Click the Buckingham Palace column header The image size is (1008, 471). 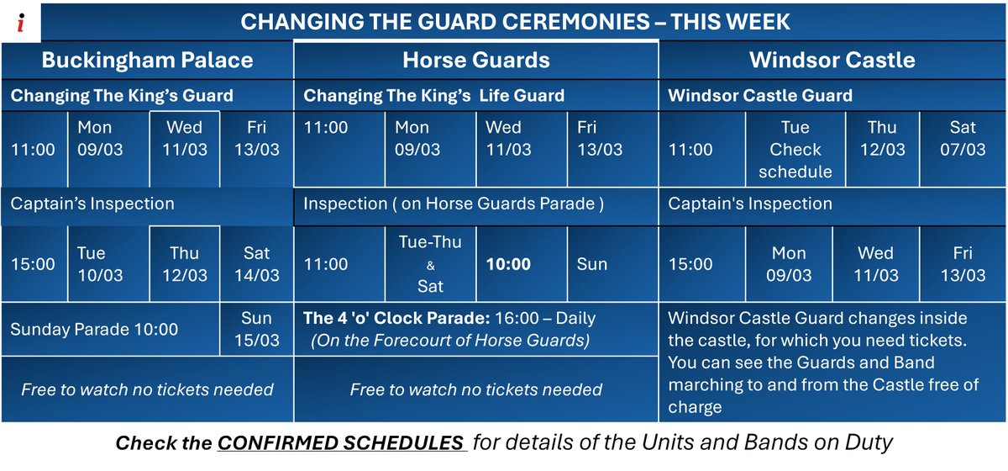[147, 60]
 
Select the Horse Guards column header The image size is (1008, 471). [476, 60]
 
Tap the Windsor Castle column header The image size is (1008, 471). [832, 60]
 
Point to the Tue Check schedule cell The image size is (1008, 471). [795, 150]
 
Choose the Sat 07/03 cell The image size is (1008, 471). [963, 139]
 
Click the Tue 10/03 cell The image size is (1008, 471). [101, 264]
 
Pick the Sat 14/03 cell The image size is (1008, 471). [256, 264]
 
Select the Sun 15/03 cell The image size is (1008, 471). [256, 329]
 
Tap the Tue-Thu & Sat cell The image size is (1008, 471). [430, 264]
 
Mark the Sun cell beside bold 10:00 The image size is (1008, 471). [591, 264]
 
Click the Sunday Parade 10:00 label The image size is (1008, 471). [94, 329]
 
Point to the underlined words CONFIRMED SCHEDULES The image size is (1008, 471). [341, 443]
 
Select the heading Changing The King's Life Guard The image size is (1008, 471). [433, 96]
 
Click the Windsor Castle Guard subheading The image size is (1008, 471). [759, 96]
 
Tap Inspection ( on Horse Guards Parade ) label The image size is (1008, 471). [454, 204]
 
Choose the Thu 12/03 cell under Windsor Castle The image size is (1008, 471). [881, 139]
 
